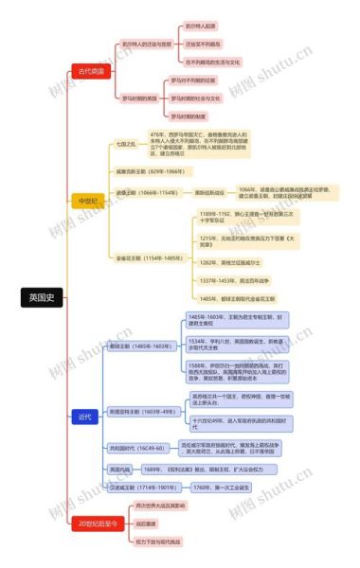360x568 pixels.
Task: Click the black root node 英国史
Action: pyautogui.click(x=42, y=297)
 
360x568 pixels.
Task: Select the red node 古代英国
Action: pyautogui.click(x=91, y=71)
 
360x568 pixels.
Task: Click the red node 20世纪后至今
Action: pyautogui.click(x=98, y=522)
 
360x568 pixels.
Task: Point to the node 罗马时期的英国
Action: pyautogui.click(x=139, y=98)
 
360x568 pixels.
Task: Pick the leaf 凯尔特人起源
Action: pyautogui.click(x=201, y=27)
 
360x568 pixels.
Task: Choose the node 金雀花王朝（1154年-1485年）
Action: pyautogui.click(x=149, y=257)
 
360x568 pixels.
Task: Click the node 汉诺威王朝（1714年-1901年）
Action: pyautogui.click(x=141, y=487)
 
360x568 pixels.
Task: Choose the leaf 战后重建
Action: pyautogui.click(x=145, y=522)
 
